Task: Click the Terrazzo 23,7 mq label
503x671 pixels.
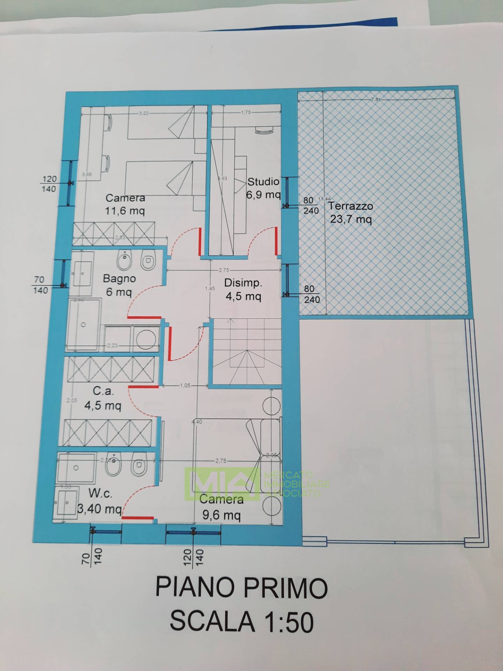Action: pyautogui.click(x=350, y=212)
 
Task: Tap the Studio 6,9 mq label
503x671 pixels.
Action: pyautogui.click(x=263, y=188)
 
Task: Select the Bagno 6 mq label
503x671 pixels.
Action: pyautogui.click(x=119, y=285)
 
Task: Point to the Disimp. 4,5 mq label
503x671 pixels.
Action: pyautogui.click(x=243, y=289)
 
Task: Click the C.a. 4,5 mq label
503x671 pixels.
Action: pyautogui.click(x=103, y=398)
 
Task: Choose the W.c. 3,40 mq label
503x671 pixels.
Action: pyautogui.click(x=100, y=501)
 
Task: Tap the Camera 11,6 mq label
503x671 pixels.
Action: pyautogui.click(x=125, y=204)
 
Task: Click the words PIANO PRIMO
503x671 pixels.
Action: pyautogui.click(x=241, y=588)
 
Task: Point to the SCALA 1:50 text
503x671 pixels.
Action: pyautogui.click(x=241, y=622)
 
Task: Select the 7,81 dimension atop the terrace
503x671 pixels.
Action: pyautogui.click(x=376, y=99)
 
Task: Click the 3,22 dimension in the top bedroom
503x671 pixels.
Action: pyautogui.click(x=144, y=113)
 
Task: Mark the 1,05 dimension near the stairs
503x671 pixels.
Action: pyautogui.click(x=185, y=385)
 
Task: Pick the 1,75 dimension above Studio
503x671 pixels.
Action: pyautogui.click(x=246, y=113)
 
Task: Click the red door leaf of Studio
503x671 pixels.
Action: pyautogui.click(x=276, y=241)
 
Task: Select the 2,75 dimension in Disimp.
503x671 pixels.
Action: pyautogui.click(x=224, y=270)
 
